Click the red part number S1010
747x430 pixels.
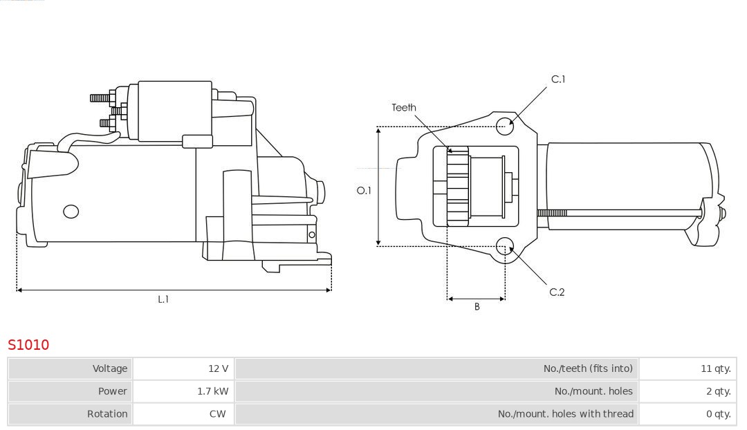pyautogui.click(x=28, y=344)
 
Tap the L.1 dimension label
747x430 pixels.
pyautogui.click(x=163, y=299)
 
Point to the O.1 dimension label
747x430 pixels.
pyautogui.click(x=364, y=190)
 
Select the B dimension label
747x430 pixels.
pyautogui.click(x=477, y=307)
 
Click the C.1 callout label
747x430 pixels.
pyautogui.click(x=558, y=80)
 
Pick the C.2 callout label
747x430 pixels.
pyautogui.click(x=557, y=292)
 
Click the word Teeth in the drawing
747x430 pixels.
pyautogui.click(x=404, y=107)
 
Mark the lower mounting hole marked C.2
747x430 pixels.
pyautogui.click(x=506, y=245)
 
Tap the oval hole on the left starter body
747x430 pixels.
pyautogui.click(x=71, y=212)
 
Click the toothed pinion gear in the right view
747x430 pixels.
pyautogui.click(x=457, y=187)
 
